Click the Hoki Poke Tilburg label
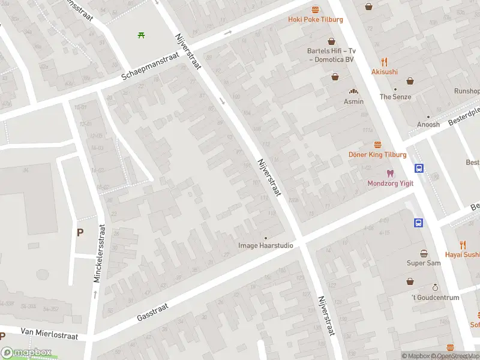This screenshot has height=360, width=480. click(315, 19)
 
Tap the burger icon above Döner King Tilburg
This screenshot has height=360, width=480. click(377, 145)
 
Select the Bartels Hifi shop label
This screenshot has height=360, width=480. click(331, 55)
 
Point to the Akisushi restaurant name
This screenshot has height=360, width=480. click(384, 72)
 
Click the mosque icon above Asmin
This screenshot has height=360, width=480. click(354, 91)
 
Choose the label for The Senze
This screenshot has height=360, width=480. click(395, 97)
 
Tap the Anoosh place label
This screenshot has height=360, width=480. click(428, 125)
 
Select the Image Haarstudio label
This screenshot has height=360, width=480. click(266, 245)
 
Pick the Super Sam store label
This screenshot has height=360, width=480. click(424, 263)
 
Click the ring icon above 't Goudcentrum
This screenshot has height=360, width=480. click(435, 288)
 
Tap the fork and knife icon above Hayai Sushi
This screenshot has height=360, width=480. click(463, 244)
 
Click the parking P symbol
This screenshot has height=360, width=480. click(80, 232)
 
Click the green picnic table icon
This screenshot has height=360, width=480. click(141, 35)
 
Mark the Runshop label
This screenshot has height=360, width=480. click(467, 91)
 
